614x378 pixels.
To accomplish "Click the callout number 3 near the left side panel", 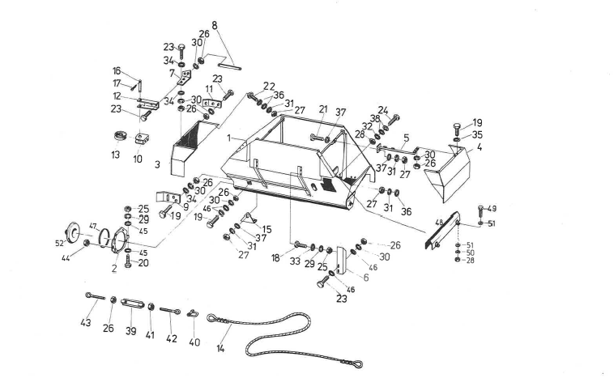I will [158, 164].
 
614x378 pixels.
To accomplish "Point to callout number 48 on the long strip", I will [439, 223].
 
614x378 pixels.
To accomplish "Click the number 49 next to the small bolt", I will [492, 209].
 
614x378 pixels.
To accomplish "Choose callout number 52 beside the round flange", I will [59, 243].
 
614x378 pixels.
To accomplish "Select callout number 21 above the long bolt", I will [322, 108].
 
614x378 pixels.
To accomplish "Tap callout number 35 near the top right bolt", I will [478, 135].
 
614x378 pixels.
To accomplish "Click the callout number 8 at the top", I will [215, 26].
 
